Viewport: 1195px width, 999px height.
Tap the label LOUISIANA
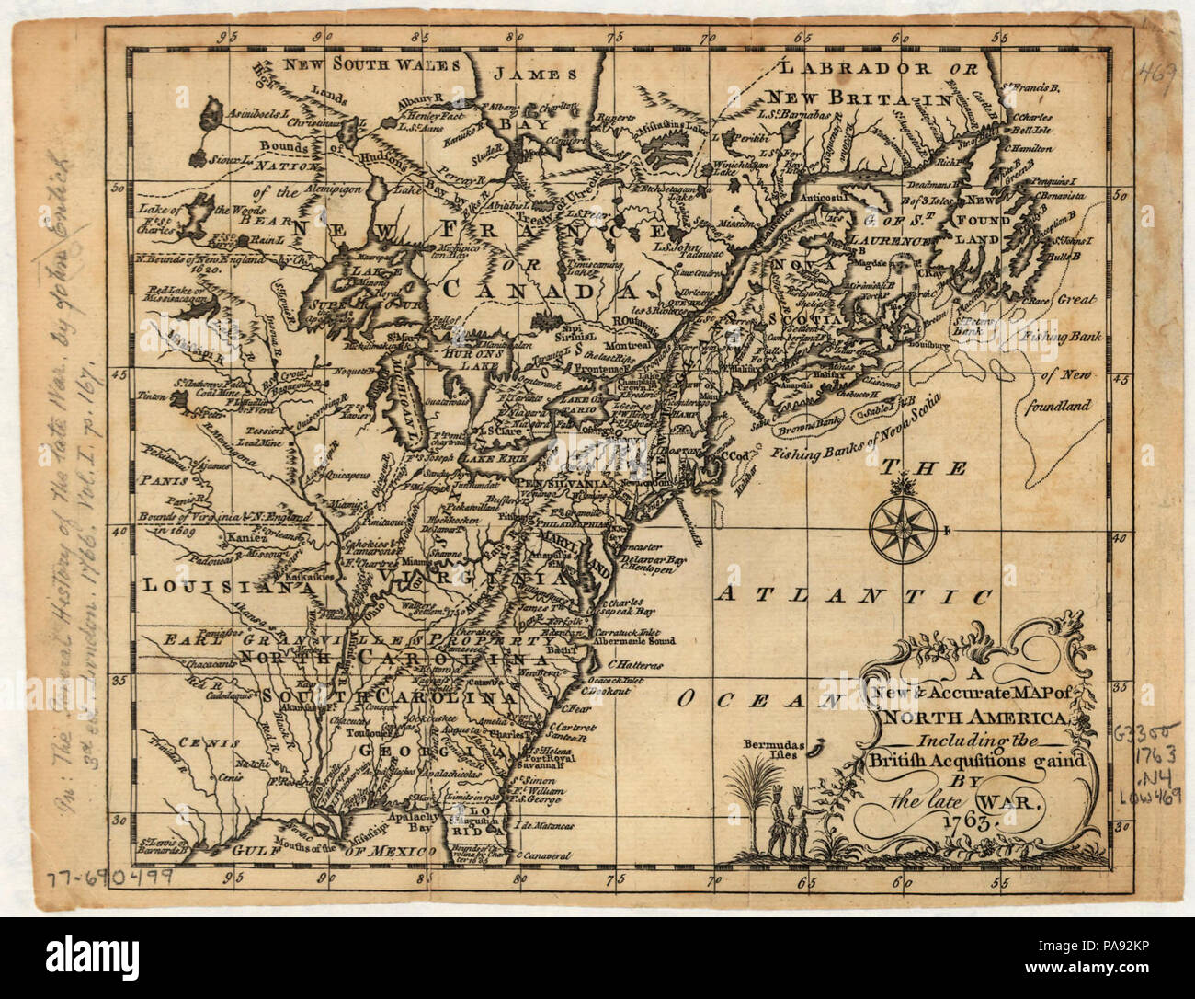click(x=222, y=585)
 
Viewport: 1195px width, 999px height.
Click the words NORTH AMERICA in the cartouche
click(x=973, y=718)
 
